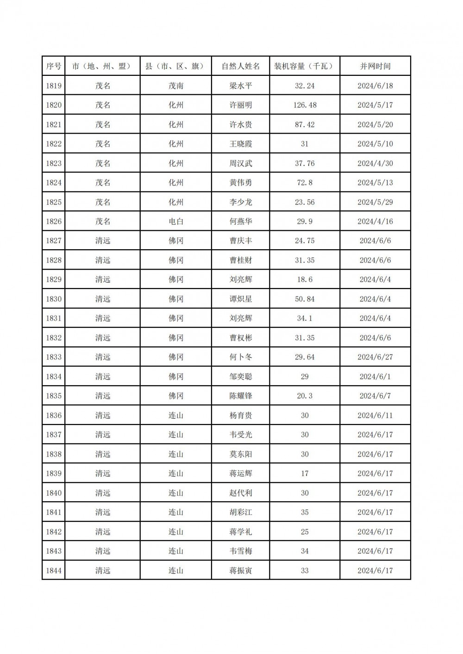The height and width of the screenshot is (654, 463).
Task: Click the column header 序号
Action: point(54,66)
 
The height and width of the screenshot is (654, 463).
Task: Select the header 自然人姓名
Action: point(241,66)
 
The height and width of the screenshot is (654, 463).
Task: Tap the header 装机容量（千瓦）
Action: point(304,66)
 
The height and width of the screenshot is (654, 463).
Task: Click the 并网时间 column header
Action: point(375,66)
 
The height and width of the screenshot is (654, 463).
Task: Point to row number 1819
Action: point(54,86)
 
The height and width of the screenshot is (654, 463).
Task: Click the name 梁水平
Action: point(241,86)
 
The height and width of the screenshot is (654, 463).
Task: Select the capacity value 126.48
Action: point(305,105)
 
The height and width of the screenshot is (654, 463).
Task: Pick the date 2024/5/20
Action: point(375,124)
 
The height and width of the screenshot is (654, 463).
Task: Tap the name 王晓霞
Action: point(241,144)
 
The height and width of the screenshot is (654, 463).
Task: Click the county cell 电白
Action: point(176,222)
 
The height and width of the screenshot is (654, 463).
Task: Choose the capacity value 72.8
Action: point(305,183)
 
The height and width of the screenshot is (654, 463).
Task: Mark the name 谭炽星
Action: point(241,299)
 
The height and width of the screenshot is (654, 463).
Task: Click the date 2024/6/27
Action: point(375,357)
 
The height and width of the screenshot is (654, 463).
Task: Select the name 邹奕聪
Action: point(241,376)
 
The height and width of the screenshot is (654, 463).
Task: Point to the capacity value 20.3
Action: point(305,396)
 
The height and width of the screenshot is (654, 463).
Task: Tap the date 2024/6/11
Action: point(375,415)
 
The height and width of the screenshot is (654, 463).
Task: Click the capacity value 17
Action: point(305,474)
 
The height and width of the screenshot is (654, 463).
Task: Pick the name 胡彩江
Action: point(241,512)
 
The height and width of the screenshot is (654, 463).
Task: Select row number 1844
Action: point(54,571)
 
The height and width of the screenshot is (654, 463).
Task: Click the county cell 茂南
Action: point(176,86)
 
